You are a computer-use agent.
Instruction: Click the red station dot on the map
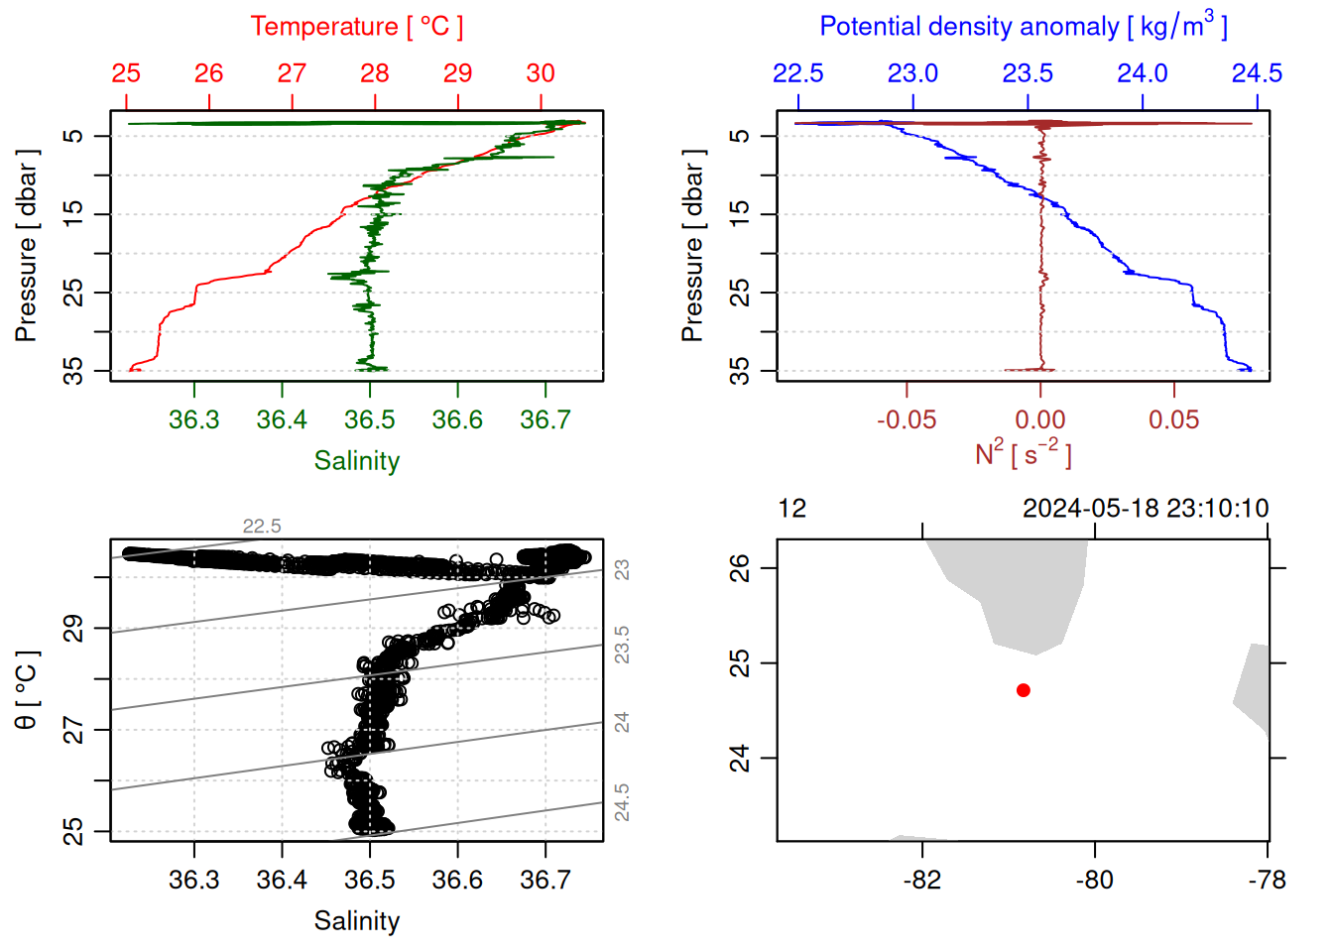(1023, 690)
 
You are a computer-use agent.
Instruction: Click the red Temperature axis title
(356, 27)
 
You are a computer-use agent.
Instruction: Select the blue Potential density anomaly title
(1023, 27)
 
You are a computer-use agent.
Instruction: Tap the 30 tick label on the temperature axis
(541, 73)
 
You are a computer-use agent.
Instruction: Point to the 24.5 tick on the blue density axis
(1257, 73)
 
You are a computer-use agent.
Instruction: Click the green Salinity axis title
(357, 461)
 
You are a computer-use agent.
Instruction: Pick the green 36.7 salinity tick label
(545, 419)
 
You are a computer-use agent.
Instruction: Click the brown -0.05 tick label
(906, 419)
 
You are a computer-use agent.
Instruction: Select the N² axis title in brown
(1023, 454)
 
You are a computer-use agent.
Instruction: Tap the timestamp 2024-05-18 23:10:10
(1146, 509)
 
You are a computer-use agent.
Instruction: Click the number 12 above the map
(792, 509)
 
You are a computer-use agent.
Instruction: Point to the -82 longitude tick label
(922, 880)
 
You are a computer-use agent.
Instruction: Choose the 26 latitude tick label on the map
(740, 568)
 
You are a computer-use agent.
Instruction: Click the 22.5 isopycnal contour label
(262, 527)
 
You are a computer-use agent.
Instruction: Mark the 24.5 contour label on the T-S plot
(622, 802)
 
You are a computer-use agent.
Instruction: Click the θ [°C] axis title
(27, 690)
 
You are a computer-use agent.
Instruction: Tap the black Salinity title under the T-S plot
(357, 921)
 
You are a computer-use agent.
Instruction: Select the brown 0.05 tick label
(1174, 419)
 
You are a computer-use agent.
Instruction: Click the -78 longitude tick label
(1268, 880)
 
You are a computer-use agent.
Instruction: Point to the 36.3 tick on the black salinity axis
(194, 880)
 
